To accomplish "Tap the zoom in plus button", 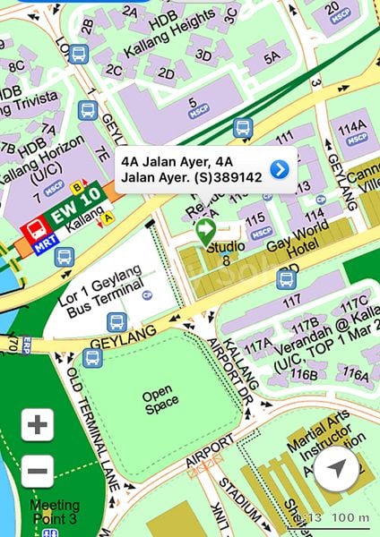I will pos(37,424).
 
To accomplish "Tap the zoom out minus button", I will pos(37,471).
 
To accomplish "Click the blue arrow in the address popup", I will pos(280,169).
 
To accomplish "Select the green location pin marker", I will pos(205,230).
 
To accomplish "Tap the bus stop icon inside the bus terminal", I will pos(117,321).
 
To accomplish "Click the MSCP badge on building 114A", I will pos(358,140).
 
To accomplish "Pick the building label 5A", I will pos(272,56).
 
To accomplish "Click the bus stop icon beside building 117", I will pos(287,278).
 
